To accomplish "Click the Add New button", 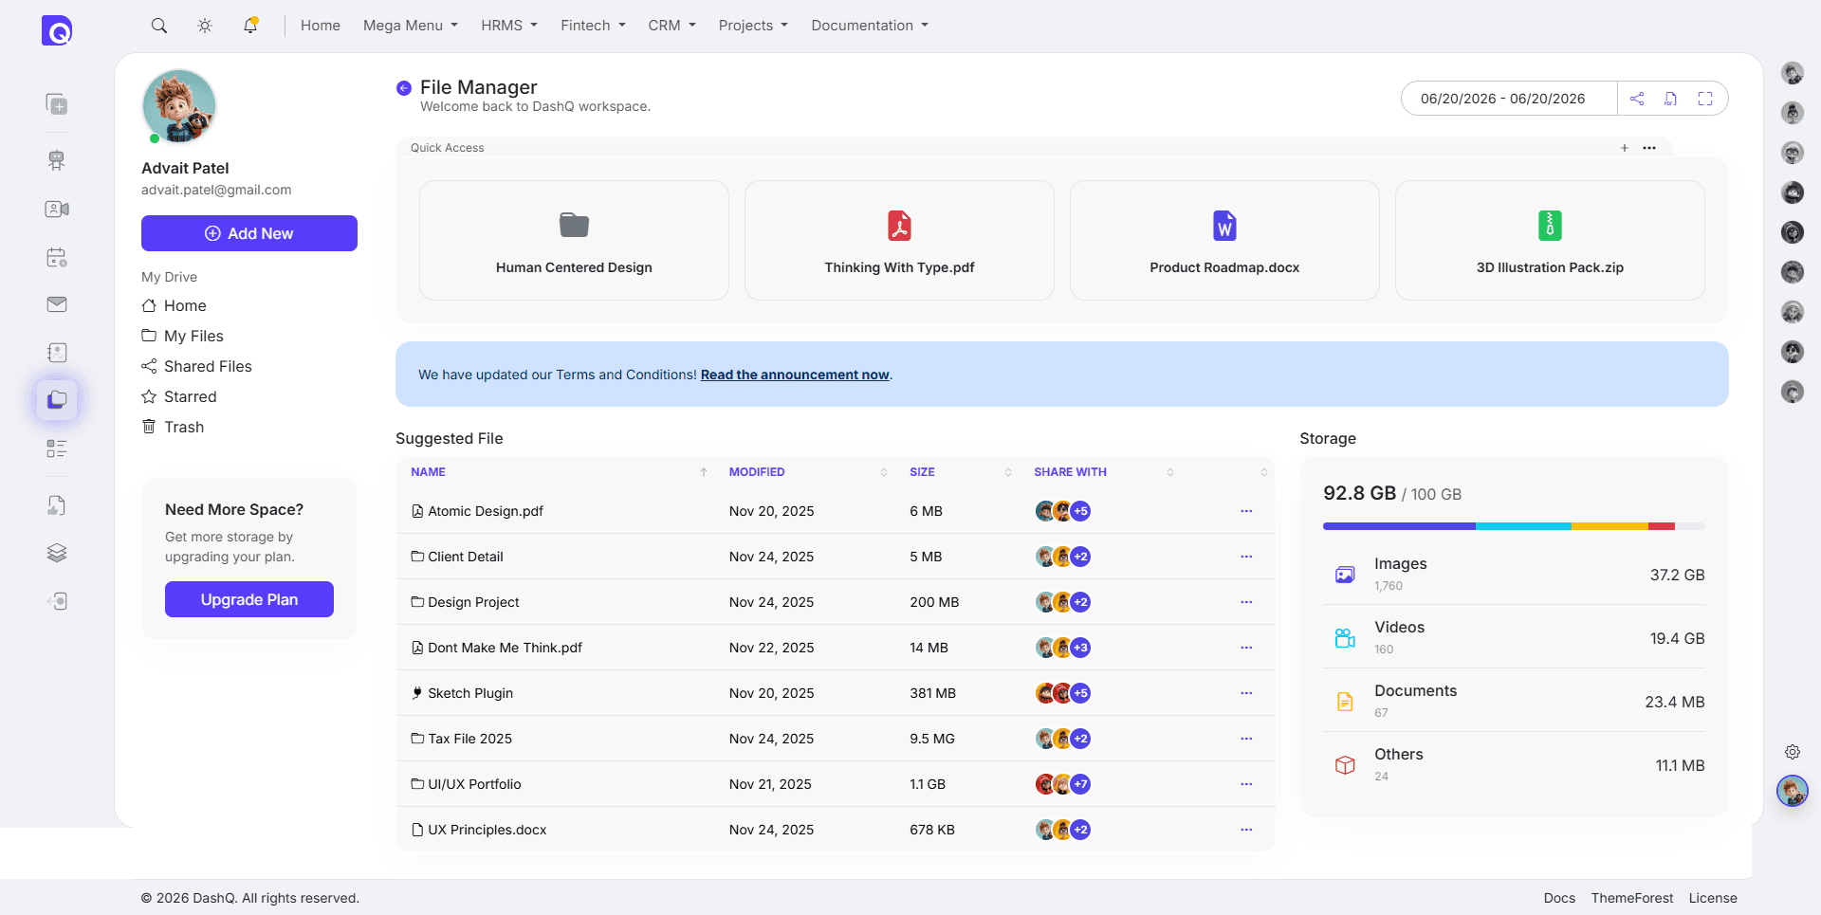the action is coord(249,233).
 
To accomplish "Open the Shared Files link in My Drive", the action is coord(208,366).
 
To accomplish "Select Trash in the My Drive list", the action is coord(183,427).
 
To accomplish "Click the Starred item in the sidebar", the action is coord(190,396).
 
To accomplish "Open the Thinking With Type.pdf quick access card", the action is coord(899,241).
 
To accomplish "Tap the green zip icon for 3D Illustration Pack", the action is coord(1550,226).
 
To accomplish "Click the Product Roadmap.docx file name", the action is coord(1224,267).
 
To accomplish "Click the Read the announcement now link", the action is coord(795,375).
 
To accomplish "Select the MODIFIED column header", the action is coord(757,472).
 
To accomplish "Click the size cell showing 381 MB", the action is coord(932,693).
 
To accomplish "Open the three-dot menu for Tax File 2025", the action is coord(1246,739).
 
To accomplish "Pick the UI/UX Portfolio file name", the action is coord(474,784).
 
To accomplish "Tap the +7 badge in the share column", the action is coord(1080,784).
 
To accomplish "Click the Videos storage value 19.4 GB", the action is coord(1677,638).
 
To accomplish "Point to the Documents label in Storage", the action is coord(1415,690).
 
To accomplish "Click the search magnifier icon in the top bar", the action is coord(159,26).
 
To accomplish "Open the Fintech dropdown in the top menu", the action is coord(593,26).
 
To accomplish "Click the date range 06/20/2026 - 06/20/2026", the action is coord(1502,99).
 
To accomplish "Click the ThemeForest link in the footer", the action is coord(1631,898).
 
